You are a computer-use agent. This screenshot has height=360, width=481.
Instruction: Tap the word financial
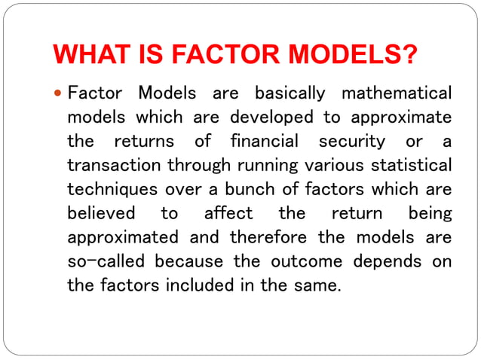tap(265, 142)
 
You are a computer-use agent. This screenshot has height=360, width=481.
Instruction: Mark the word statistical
tap(410, 166)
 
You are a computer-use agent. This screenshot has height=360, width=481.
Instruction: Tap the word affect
tap(228, 214)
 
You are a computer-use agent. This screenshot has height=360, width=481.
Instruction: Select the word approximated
tap(123, 238)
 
